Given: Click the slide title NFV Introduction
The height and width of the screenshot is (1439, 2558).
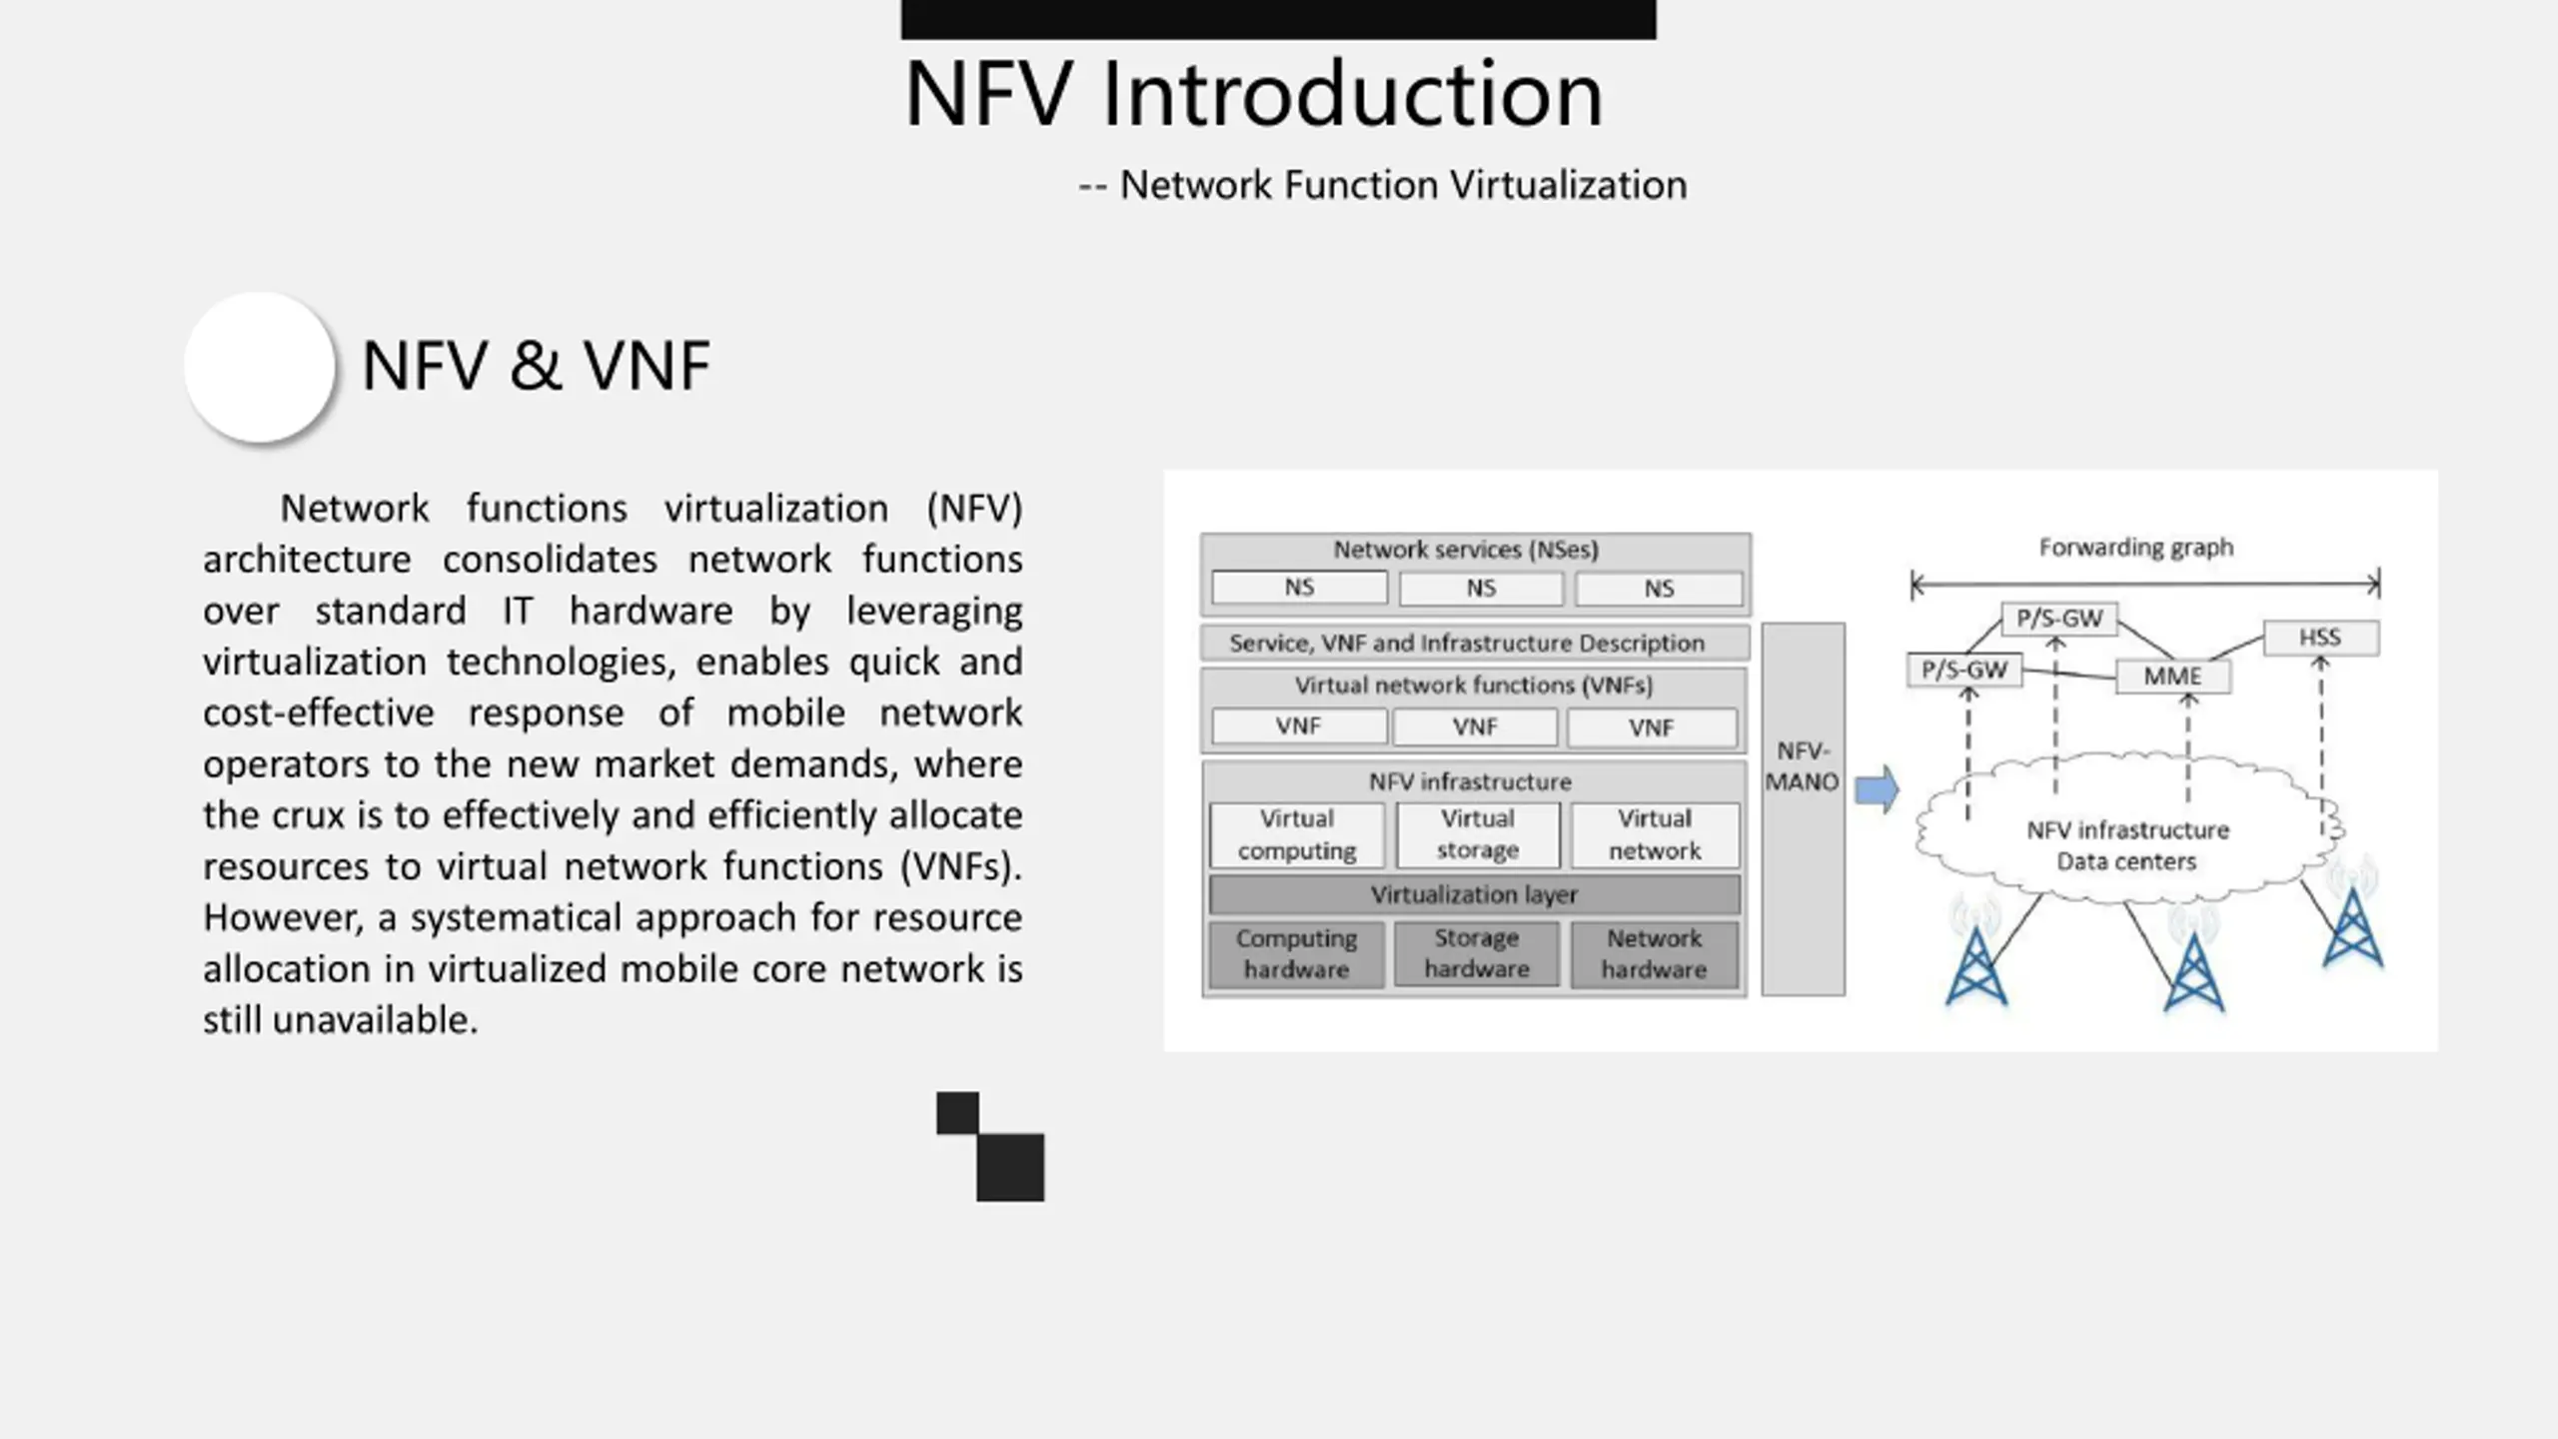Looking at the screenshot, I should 1253,95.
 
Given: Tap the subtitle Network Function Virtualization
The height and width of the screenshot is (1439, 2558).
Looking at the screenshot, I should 1402,186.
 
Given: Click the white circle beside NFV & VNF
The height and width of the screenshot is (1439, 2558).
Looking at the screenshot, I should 260,367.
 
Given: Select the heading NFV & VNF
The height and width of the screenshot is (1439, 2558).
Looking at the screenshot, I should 536,366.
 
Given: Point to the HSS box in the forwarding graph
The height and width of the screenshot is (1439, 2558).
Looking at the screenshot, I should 2320,638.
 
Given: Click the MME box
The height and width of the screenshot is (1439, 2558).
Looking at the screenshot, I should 2172,677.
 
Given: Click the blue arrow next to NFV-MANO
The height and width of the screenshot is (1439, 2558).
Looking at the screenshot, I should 1877,790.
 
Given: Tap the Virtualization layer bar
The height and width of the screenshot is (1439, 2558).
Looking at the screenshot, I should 1474,895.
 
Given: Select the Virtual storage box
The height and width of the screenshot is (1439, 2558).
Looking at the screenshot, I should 1477,834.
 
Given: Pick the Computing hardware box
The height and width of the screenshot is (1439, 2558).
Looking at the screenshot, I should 1296,954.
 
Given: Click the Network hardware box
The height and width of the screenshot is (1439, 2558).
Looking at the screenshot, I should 1654,954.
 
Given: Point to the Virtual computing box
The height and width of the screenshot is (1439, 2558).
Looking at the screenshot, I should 1296,834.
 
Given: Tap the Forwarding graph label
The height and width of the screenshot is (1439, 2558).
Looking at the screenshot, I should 2135,548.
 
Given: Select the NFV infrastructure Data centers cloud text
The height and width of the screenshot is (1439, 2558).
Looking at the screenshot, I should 2127,845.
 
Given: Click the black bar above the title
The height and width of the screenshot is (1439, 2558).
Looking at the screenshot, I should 1278,19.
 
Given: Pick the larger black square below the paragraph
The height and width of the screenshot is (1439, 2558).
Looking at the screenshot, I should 1010,1166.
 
